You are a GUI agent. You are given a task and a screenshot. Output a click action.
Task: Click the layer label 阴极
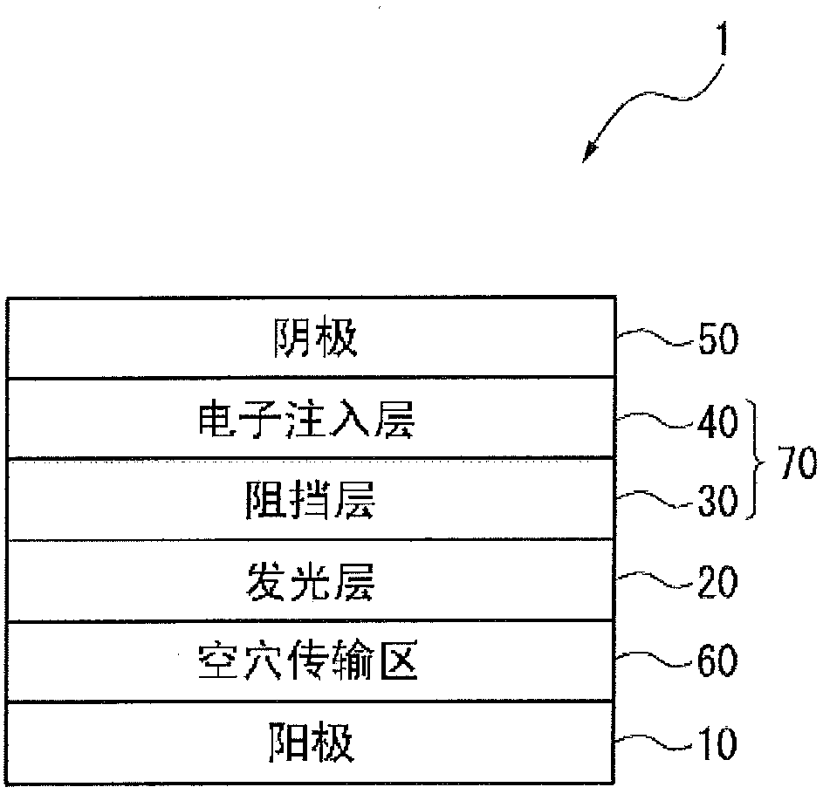(311, 340)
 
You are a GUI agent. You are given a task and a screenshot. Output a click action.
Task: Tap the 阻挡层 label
(311, 503)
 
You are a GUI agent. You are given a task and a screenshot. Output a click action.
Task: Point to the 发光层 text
(311, 583)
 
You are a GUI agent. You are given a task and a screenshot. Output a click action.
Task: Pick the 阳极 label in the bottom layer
(311, 744)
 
